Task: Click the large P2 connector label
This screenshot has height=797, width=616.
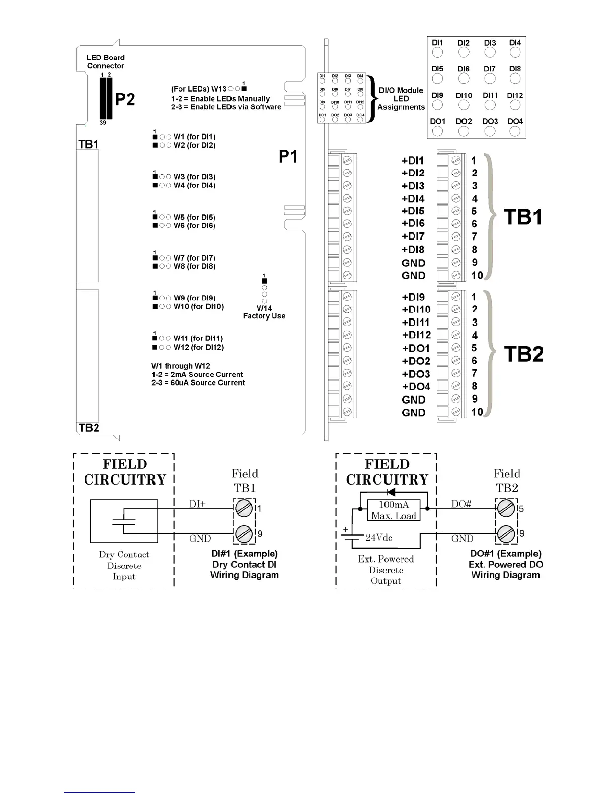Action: pyautogui.click(x=125, y=99)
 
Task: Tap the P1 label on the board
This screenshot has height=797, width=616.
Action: pyautogui.click(x=288, y=157)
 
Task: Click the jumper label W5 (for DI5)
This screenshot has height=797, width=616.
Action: pyautogui.click(x=194, y=217)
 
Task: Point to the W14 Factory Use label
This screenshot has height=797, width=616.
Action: pyautogui.click(x=264, y=312)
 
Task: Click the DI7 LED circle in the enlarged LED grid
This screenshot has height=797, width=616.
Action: pyautogui.click(x=489, y=78)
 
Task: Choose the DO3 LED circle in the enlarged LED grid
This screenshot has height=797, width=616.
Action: pyautogui.click(x=489, y=131)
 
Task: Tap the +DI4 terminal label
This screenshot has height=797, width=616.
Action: pyautogui.click(x=413, y=199)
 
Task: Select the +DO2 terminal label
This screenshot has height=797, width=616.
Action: pyautogui.click(x=416, y=361)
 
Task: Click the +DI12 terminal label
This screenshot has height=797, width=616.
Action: pyautogui.click(x=416, y=335)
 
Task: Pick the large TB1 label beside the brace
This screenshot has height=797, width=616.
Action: pyautogui.click(x=523, y=217)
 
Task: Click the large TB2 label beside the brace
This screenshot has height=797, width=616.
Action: pyautogui.click(x=523, y=354)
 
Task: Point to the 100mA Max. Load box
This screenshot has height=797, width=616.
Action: pyautogui.click(x=394, y=510)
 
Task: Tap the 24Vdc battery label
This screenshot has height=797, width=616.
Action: pyautogui.click(x=378, y=538)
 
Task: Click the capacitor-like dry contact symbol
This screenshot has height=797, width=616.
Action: pyautogui.click(x=124, y=521)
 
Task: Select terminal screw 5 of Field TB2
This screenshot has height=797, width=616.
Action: pyautogui.click(x=506, y=508)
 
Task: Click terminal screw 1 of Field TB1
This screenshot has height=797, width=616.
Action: pyautogui.click(x=244, y=508)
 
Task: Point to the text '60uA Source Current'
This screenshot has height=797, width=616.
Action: pyautogui.click(x=198, y=383)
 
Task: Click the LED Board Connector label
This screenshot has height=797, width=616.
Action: pyautogui.click(x=105, y=62)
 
